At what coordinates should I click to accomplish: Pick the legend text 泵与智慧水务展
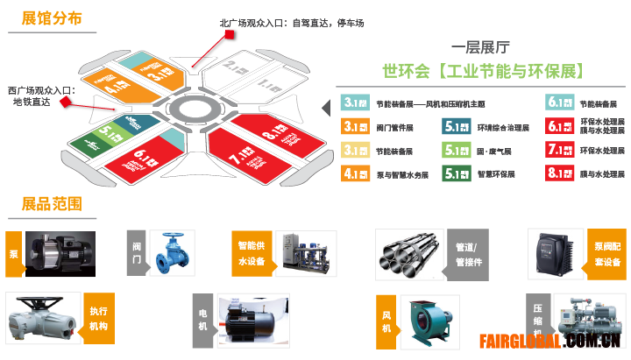[x=402, y=174]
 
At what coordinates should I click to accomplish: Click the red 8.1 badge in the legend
[x=559, y=173]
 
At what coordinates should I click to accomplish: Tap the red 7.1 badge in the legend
[x=559, y=150]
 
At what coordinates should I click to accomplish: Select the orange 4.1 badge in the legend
[x=353, y=173]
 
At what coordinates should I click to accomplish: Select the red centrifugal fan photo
[x=430, y=321]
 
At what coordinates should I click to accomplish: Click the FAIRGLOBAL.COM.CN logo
[x=550, y=341]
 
